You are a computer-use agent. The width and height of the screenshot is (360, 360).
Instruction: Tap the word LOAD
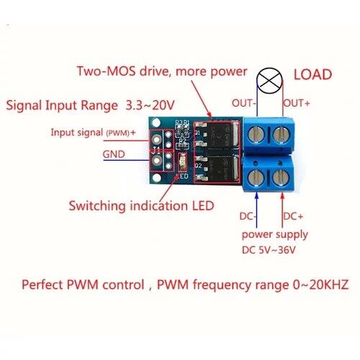pyautogui.click(x=312, y=74)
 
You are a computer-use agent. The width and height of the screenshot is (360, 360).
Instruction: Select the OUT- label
pyautogui.click(x=243, y=103)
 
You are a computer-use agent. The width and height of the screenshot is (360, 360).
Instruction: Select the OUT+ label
pyautogui.click(x=297, y=103)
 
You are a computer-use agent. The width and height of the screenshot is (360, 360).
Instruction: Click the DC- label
pyautogui.click(x=248, y=216)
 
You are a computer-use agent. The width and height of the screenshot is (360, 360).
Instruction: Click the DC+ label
pyautogui.click(x=293, y=216)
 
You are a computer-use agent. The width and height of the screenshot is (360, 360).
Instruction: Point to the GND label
pyautogui.click(x=114, y=154)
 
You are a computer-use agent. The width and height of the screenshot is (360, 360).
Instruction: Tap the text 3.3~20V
pyautogui.click(x=150, y=105)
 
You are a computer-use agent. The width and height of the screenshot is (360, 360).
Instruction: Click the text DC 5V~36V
pyautogui.click(x=269, y=250)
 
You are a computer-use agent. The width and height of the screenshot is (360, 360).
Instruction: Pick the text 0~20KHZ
pyautogui.click(x=320, y=284)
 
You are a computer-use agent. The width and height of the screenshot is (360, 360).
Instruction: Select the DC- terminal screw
pyautogui.click(x=256, y=178)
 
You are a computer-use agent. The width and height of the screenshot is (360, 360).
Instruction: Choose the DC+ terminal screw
pyautogui.click(x=281, y=178)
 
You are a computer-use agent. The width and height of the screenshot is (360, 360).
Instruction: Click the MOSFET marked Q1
pyautogui.click(x=217, y=135)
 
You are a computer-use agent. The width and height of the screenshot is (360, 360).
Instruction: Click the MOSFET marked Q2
pyautogui.click(x=217, y=168)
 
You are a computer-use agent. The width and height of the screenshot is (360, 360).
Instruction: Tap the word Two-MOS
pyautogui.click(x=106, y=71)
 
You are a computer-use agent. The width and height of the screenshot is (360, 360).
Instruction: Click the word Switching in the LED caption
pyautogui.click(x=97, y=207)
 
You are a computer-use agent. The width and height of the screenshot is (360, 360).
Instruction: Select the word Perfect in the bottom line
pyautogui.click(x=42, y=284)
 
